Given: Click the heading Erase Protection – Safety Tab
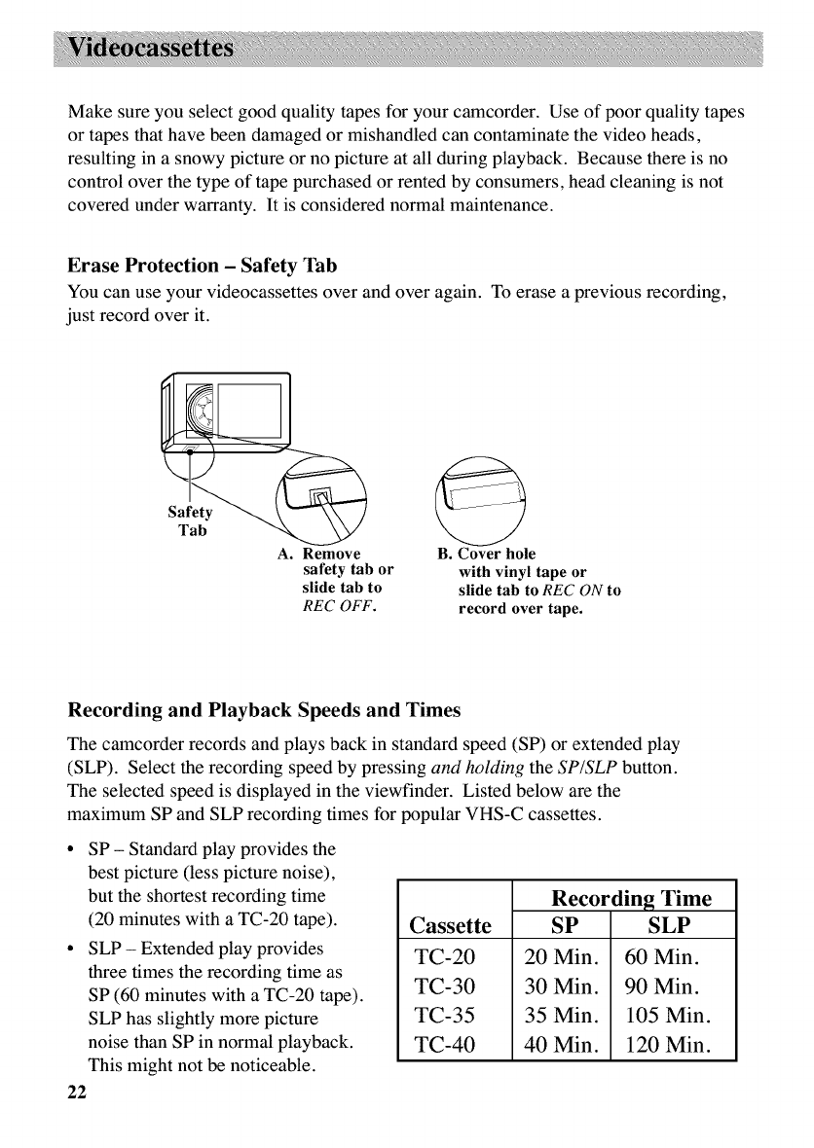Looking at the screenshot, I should point(203,267).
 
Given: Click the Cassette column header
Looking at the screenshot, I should point(451,923).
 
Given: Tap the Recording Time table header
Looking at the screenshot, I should point(631,897).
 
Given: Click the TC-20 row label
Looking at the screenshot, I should point(444,956).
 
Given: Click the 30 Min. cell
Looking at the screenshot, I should point(560,987).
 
